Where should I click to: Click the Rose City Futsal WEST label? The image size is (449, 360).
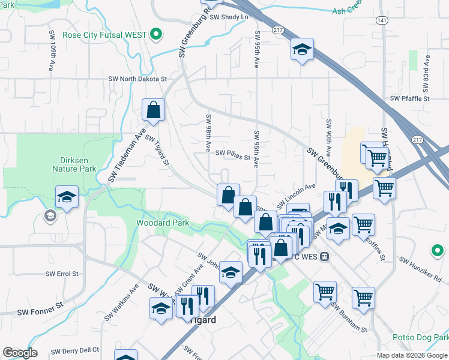click(109, 34)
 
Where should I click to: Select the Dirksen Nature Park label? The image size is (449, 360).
click(79, 165)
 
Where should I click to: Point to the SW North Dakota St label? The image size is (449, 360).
click(137, 79)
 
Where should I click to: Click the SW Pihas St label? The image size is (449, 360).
click(232, 153)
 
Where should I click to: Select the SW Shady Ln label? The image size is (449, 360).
click(229, 17)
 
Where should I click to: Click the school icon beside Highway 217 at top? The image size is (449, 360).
click(302, 50)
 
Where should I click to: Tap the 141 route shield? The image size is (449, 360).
click(382, 20)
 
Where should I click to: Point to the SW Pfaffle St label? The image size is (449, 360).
click(410, 98)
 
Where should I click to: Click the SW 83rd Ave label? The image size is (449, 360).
click(427, 70)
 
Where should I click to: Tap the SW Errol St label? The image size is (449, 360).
click(62, 274)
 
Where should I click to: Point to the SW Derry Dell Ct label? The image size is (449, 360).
click(74, 350)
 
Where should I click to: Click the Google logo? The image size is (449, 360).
click(20, 353)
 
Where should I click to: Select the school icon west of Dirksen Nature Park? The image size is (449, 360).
click(67, 197)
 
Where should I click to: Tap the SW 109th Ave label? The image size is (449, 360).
click(53, 46)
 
